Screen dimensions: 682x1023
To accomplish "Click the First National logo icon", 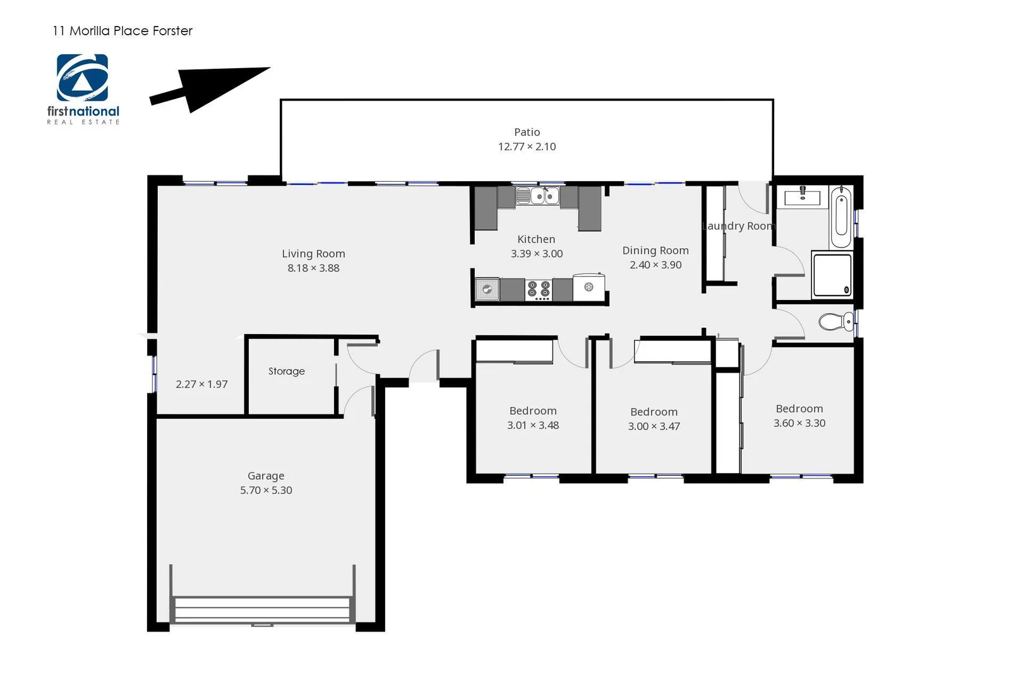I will click(82, 78).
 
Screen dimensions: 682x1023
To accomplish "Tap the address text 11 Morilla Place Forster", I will click(123, 31).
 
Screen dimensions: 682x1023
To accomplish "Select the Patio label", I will click(527, 132).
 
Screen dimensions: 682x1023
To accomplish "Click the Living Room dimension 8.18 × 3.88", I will click(313, 268).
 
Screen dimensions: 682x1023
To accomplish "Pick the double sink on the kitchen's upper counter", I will click(537, 196).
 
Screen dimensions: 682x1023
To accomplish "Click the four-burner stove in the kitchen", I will click(539, 290).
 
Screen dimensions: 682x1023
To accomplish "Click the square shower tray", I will click(832, 275).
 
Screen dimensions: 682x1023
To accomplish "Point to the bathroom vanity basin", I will click(802, 197).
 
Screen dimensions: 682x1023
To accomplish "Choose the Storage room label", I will click(287, 371).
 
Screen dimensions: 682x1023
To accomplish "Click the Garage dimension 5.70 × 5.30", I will click(266, 490).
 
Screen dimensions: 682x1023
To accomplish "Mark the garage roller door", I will click(262, 610).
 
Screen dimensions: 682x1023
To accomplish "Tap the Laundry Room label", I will click(738, 226).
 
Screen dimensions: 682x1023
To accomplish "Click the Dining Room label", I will click(655, 251).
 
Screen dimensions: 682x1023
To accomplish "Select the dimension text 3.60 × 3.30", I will click(799, 423).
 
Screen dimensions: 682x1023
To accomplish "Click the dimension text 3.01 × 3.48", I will click(533, 425).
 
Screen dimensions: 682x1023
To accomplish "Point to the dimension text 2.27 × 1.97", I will click(201, 384).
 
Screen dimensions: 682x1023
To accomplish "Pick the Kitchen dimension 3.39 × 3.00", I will click(537, 254).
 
